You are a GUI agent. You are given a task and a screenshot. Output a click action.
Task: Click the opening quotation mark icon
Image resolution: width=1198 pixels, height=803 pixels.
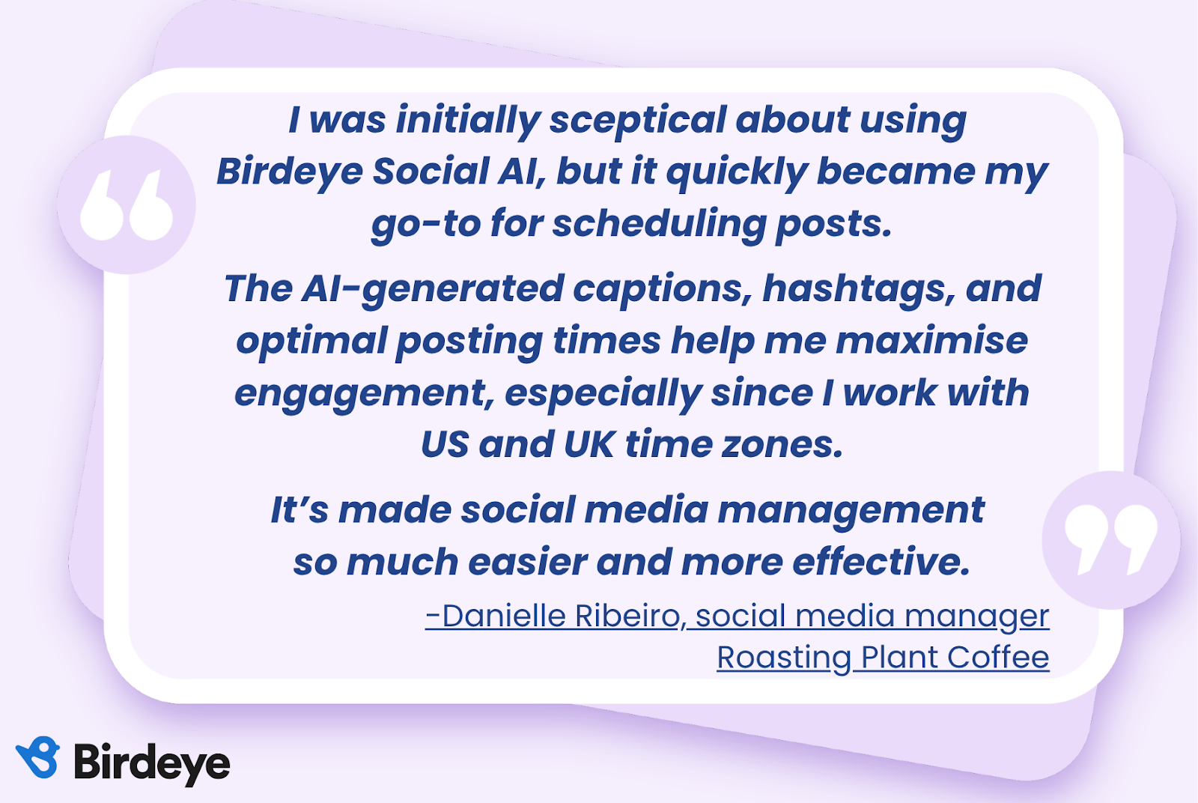point(127,204)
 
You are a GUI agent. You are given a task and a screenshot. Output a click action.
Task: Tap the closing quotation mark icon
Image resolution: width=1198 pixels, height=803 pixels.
point(1111,540)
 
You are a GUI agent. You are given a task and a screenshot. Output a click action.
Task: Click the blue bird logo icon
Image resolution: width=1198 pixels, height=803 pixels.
point(37,757)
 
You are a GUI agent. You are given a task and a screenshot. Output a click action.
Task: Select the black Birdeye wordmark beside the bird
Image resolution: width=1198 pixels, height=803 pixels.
point(152,763)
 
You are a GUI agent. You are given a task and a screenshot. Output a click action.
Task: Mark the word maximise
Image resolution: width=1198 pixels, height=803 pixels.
point(931,341)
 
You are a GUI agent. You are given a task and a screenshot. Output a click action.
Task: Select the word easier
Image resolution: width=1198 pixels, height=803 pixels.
point(528,563)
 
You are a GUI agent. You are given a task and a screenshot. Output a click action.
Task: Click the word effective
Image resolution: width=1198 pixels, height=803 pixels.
point(881,562)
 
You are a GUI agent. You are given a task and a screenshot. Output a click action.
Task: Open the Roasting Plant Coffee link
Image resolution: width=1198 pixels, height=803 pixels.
point(883,658)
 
